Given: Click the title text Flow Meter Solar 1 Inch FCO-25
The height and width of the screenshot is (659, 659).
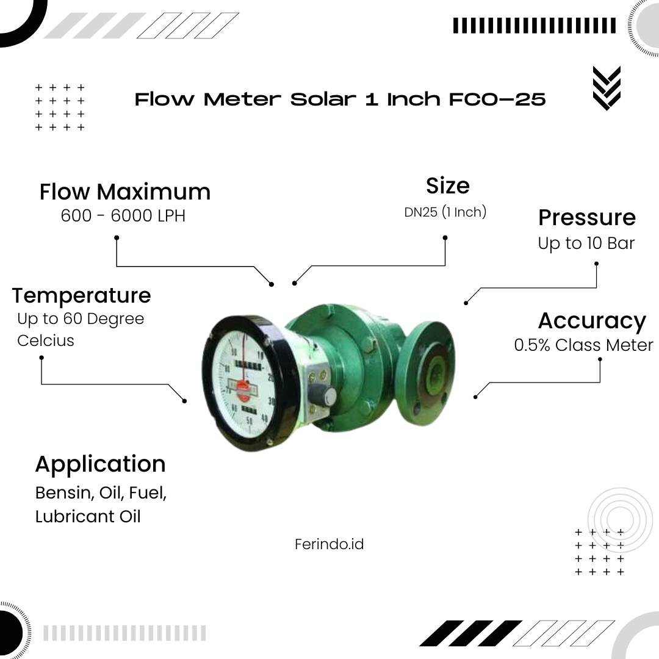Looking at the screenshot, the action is click(x=340, y=99).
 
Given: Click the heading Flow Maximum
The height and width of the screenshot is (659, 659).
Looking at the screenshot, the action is click(x=125, y=192).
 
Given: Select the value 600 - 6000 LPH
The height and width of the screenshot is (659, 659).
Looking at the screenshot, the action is click(x=123, y=215).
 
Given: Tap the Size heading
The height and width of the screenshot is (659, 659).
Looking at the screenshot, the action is click(x=448, y=185).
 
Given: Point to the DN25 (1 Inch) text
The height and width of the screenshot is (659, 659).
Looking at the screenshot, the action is click(x=445, y=212).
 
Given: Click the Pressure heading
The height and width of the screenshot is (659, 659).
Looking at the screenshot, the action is click(x=587, y=218).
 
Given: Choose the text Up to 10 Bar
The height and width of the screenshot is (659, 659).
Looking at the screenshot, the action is click(x=586, y=243).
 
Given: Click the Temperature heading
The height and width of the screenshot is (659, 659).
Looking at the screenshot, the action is click(x=81, y=295).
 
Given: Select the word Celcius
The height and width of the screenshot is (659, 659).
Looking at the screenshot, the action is click(x=45, y=340).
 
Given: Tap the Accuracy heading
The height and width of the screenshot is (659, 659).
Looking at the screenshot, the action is click(x=592, y=322).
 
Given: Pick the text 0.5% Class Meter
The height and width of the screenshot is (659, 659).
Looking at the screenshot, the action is click(x=583, y=345).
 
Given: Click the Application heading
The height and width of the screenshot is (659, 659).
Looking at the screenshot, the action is click(x=101, y=464).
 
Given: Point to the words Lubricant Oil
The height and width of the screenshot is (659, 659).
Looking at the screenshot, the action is click(x=88, y=517).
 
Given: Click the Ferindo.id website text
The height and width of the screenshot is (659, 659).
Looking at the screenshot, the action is click(x=329, y=544).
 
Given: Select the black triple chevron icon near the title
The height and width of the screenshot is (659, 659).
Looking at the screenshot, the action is click(x=607, y=88).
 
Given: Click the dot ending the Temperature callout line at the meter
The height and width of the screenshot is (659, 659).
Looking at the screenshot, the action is click(x=184, y=401).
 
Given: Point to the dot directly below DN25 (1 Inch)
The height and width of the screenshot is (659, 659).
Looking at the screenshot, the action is click(x=445, y=238).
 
